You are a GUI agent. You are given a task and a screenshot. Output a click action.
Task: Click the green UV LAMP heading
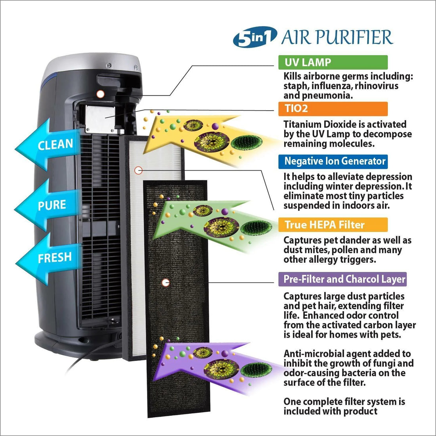333,62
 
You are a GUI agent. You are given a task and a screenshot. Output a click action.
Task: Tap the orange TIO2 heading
333,109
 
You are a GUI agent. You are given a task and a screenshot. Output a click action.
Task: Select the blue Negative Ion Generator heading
333,162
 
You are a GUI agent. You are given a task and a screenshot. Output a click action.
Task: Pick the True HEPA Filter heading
333,225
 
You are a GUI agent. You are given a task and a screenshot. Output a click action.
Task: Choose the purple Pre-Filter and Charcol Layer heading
342,279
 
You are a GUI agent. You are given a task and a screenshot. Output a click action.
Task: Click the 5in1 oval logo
255,37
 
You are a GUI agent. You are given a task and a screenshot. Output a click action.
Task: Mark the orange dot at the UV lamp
100,94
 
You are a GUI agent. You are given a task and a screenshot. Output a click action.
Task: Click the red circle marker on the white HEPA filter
138,170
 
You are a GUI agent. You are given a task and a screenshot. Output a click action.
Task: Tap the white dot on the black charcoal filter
165,283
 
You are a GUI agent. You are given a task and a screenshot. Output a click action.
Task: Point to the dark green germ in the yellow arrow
247,142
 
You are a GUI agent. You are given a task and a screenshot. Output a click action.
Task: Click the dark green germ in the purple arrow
256,370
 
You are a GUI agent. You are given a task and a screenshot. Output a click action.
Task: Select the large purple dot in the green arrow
225,212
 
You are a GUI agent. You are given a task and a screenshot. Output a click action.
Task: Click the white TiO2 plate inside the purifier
100,119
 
